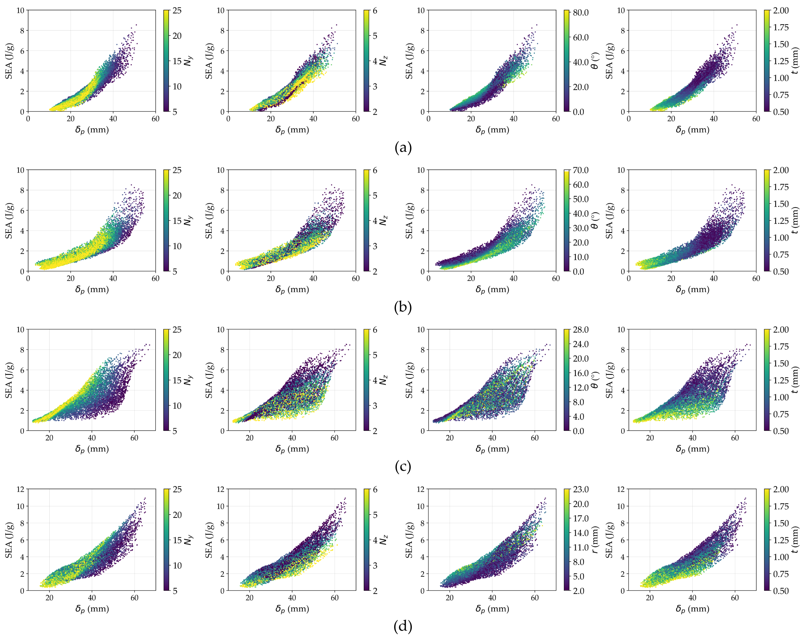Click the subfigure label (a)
[403, 148]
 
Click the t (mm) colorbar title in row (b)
[795, 220]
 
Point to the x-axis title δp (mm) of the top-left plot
[92, 130]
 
